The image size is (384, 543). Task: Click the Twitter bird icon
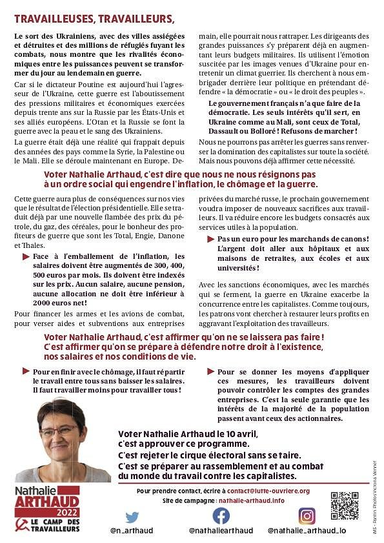pyautogui.click(x=132, y=517)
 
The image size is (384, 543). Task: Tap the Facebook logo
pyautogui.click(x=221, y=516)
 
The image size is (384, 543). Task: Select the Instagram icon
pyautogui.click(x=307, y=516)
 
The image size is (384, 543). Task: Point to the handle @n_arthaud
pyautogui.click(x=132, y=530)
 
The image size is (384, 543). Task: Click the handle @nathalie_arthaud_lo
pyautogui.click(x=307, y=530)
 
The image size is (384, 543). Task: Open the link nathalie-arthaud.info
pyautogui.click(x=251, y=500)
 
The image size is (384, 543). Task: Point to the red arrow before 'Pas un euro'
pyautogui.click(x=211, y=239)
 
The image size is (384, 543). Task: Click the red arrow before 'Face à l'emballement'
pyautogui.click(x=26, y=256)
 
